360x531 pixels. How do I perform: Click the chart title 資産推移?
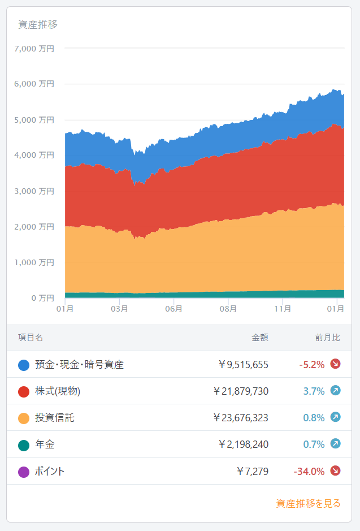[38, 24]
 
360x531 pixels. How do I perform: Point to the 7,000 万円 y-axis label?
[34, 49]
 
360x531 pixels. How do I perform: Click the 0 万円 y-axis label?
[42, 298]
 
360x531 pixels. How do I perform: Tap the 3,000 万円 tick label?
[34, 191]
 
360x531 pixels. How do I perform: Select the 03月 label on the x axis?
[119, 309]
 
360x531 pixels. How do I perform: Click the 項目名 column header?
[31, 338]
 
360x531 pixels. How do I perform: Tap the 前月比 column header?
[328, 338]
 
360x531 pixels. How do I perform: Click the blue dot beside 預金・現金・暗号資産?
[24, 365]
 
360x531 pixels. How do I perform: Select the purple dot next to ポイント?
[24, 472]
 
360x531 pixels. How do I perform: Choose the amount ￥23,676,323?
[241, 418]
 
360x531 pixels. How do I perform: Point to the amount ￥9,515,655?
[243, 365]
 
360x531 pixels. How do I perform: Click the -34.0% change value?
[309, 472]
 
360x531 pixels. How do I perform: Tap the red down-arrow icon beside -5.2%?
[335, 364]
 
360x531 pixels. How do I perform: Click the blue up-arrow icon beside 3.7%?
[335, 391]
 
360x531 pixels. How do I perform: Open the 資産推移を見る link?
[309, 503]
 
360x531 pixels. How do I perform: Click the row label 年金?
[45, 445]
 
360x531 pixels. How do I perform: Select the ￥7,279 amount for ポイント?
[253, 472]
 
